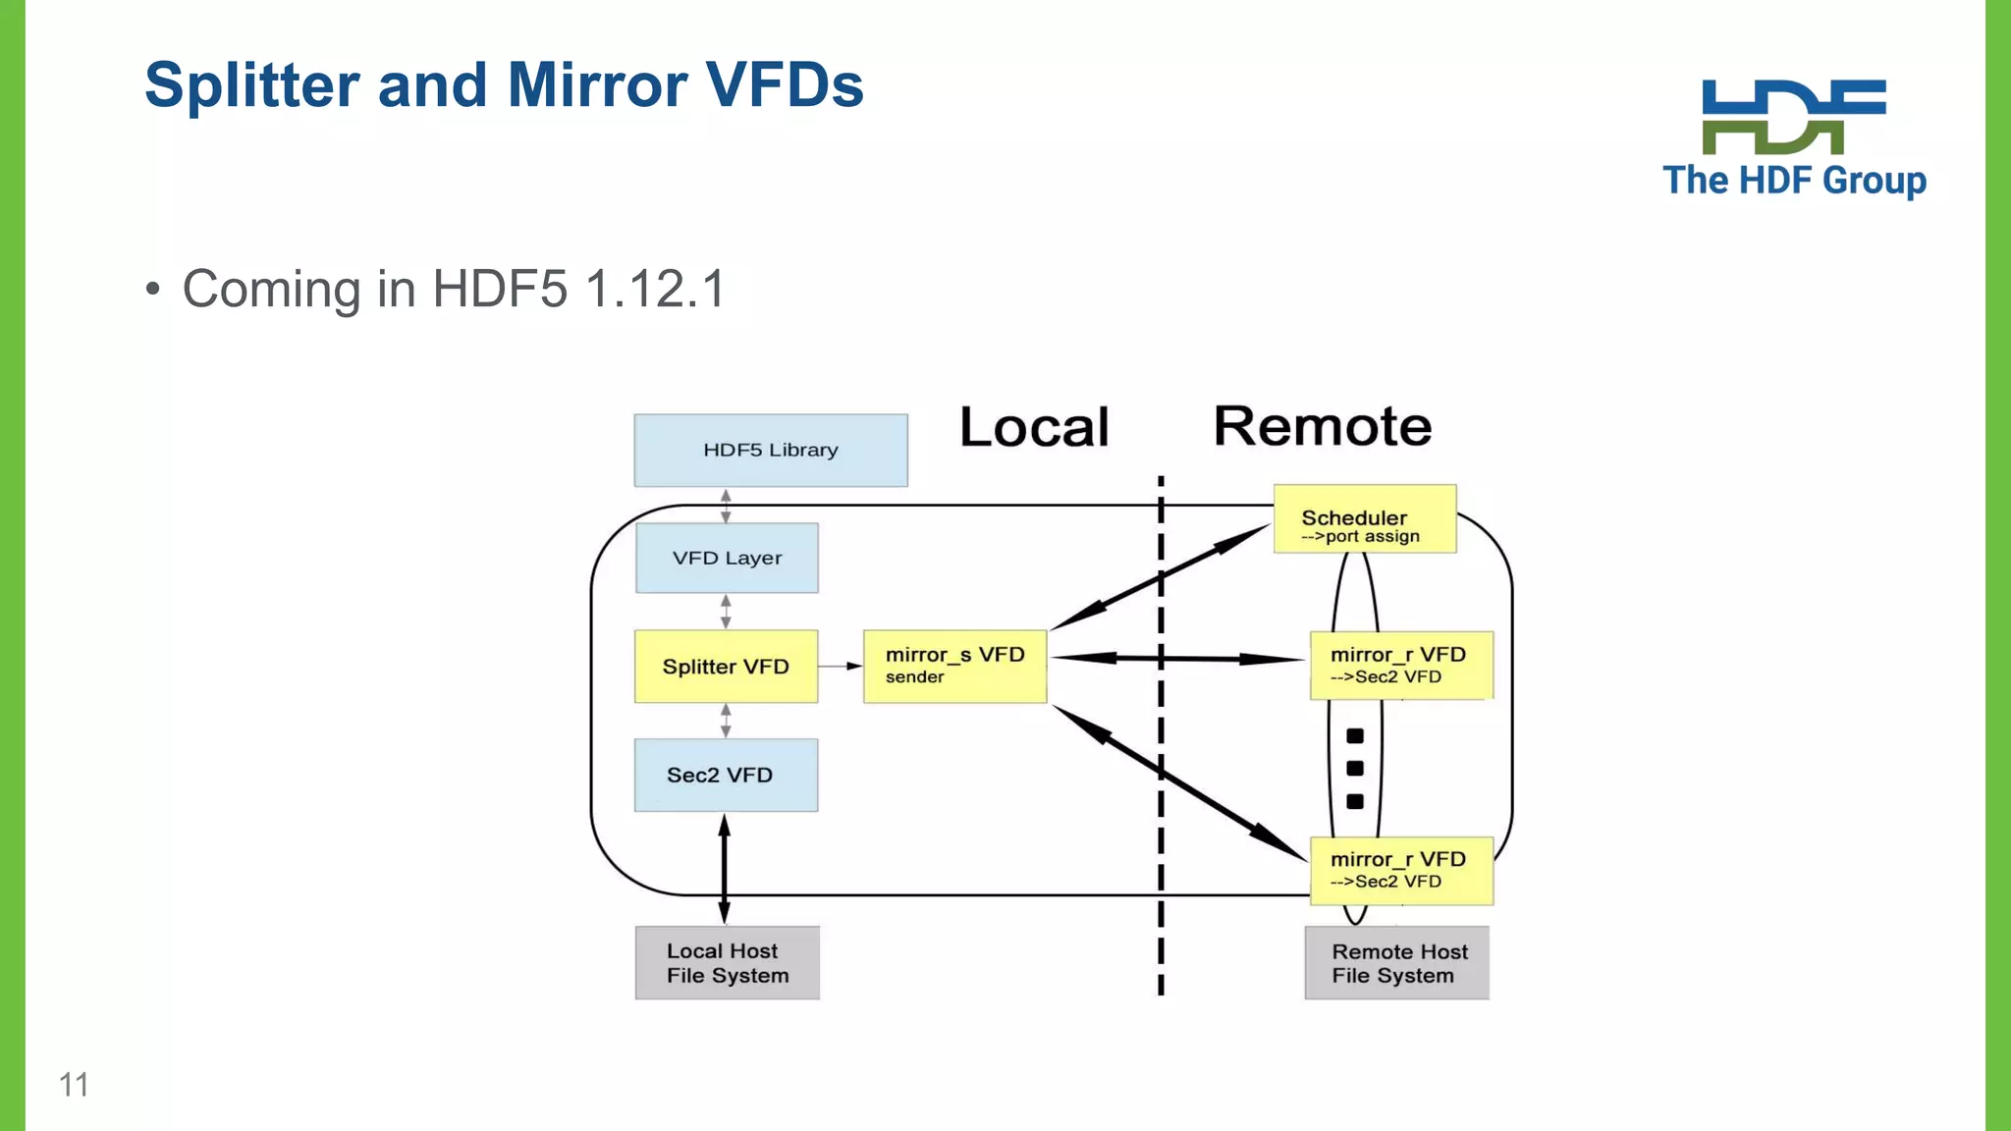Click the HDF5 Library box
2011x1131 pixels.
(x=771, y=451)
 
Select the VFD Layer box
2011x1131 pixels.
(x=727, y=558)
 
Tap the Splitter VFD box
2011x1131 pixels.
(x=726, y=667)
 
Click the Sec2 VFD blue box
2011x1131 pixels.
(x=726, y=775)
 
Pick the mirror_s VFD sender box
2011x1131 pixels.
(x=954, y=667)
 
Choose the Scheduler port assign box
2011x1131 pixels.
(x=1364, y=519)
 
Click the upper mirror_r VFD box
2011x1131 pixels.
(x=1401, y=666)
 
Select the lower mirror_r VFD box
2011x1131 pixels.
(x=1401, y=871)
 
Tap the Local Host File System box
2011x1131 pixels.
(x=727, y=963)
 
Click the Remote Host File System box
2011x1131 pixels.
(x=1396, y=963)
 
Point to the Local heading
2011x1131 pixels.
(x=1034, y=427)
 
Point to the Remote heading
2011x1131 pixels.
(x=1322, y=426)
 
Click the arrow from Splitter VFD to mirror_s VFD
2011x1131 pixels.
(x=840, y=667)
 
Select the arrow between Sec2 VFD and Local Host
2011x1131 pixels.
(x=725, y=869)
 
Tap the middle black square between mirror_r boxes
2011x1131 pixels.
(x=1355, y=769)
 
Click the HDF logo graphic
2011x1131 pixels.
(x=1793, y=117)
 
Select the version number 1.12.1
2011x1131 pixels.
(x=654, y=290)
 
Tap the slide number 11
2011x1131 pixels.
(x=74, y=1085)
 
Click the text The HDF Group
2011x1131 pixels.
(x=1794, y=181)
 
